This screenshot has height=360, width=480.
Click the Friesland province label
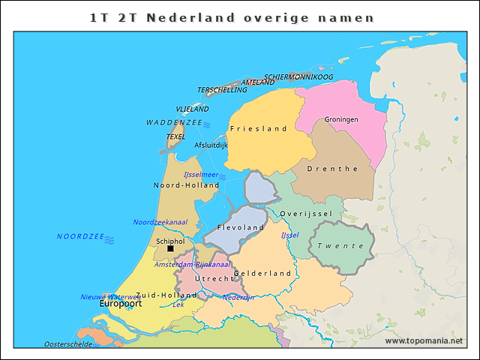pos(258,129)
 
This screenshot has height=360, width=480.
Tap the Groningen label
pos(341,120)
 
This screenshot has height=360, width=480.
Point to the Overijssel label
pos(305,214)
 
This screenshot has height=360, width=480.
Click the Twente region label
pos(340,246)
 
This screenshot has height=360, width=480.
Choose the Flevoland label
pos(240,227)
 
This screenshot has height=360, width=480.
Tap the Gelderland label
pos(262,274)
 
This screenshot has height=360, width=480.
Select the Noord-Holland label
pos(186,185)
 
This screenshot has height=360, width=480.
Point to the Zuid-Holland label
pos(166,295)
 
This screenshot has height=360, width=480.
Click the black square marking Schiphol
pos(170,249)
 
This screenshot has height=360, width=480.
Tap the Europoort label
pos(121,305)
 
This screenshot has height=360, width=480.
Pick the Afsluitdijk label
pos(211,145)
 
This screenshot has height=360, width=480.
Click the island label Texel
pos(175,137)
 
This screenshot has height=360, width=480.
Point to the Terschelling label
pos(222,90)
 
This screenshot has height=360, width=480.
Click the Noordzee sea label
pos(80,236)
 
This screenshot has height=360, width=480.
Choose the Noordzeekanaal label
pos(160,222)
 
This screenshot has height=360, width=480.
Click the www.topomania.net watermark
pos(424,341)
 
